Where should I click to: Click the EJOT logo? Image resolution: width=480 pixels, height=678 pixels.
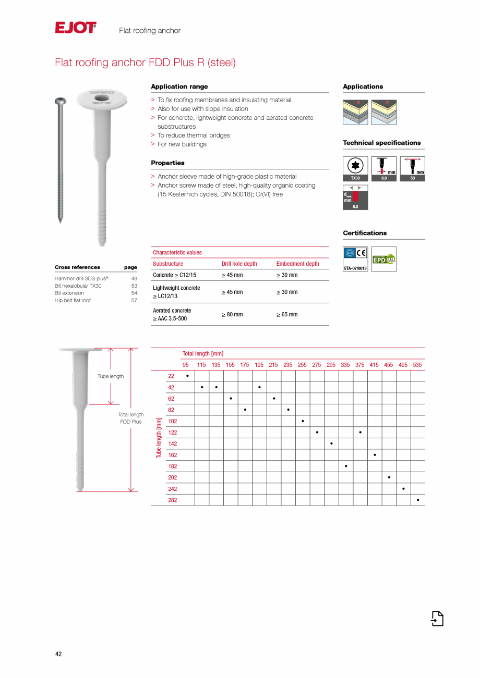pos(76,28)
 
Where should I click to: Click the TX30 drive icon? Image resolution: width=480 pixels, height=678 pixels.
pos(355,168)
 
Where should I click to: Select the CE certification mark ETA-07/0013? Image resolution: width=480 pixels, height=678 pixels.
pos(355,259)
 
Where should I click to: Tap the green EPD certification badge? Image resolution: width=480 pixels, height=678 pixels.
pos(383,259)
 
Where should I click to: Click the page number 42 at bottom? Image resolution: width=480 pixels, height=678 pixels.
pos(58,654)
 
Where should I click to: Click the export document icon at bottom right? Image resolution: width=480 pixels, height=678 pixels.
pos(437,618)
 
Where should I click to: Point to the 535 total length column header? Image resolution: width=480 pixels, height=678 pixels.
pos(417,365)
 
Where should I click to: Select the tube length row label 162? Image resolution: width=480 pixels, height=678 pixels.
pos(172,455)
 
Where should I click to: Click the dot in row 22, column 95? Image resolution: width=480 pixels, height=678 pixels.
pos(187,376)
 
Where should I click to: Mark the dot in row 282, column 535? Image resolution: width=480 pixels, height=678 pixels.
pos(418,500)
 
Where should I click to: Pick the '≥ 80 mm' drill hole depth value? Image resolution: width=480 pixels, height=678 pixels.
pos(232,314)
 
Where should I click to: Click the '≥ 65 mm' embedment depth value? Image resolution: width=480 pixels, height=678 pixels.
pos(287,314)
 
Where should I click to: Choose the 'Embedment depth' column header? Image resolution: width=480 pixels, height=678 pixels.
pos(297,264)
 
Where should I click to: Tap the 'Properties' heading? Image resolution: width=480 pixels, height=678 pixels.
pos(167,163)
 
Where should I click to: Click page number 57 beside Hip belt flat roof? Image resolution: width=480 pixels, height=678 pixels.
pos(134,300)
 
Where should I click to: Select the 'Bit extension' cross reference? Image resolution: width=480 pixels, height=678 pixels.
pos(69,293)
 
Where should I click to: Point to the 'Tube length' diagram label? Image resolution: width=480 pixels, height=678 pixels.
pos(111,376)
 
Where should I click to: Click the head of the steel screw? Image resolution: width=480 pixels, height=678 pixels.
pos(60,100)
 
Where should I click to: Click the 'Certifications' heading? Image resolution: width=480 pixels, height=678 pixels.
pos(365,233)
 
